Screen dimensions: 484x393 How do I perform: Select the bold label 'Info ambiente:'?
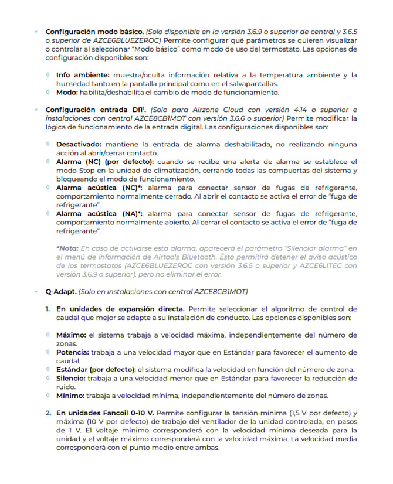point(82,75)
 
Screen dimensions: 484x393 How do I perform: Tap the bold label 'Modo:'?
point(69,93)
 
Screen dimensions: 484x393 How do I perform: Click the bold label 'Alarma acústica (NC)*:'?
point(100,187)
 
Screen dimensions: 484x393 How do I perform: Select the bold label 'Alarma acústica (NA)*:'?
point(100,214)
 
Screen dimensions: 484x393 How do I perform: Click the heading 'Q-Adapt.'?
point(60,291)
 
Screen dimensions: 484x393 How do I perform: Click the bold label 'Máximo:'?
point(71,335)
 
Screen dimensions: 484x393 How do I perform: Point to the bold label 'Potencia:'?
point(73,352)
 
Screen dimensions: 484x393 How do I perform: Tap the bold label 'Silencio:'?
point(72,379)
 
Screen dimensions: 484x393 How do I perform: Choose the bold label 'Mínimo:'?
point(70,396)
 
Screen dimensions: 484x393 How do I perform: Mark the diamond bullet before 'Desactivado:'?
point(48,144)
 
